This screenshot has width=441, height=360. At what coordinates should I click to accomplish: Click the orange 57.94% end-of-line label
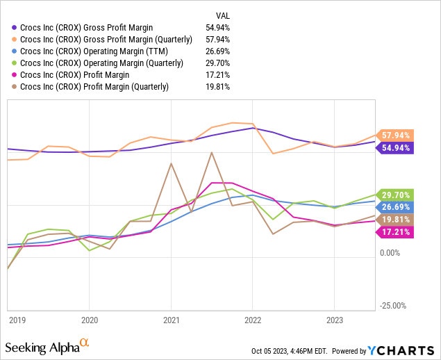395,135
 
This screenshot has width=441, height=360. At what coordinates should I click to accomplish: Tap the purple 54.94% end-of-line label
395,147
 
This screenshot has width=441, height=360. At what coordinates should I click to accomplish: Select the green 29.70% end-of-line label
395,195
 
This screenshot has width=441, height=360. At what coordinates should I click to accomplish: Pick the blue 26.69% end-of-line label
395,207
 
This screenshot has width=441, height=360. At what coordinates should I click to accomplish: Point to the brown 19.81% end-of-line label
395,219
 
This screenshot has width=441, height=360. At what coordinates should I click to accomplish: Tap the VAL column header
222,13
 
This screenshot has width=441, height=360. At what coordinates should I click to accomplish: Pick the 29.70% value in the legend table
218,63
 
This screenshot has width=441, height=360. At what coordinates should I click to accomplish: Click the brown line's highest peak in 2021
211,152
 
